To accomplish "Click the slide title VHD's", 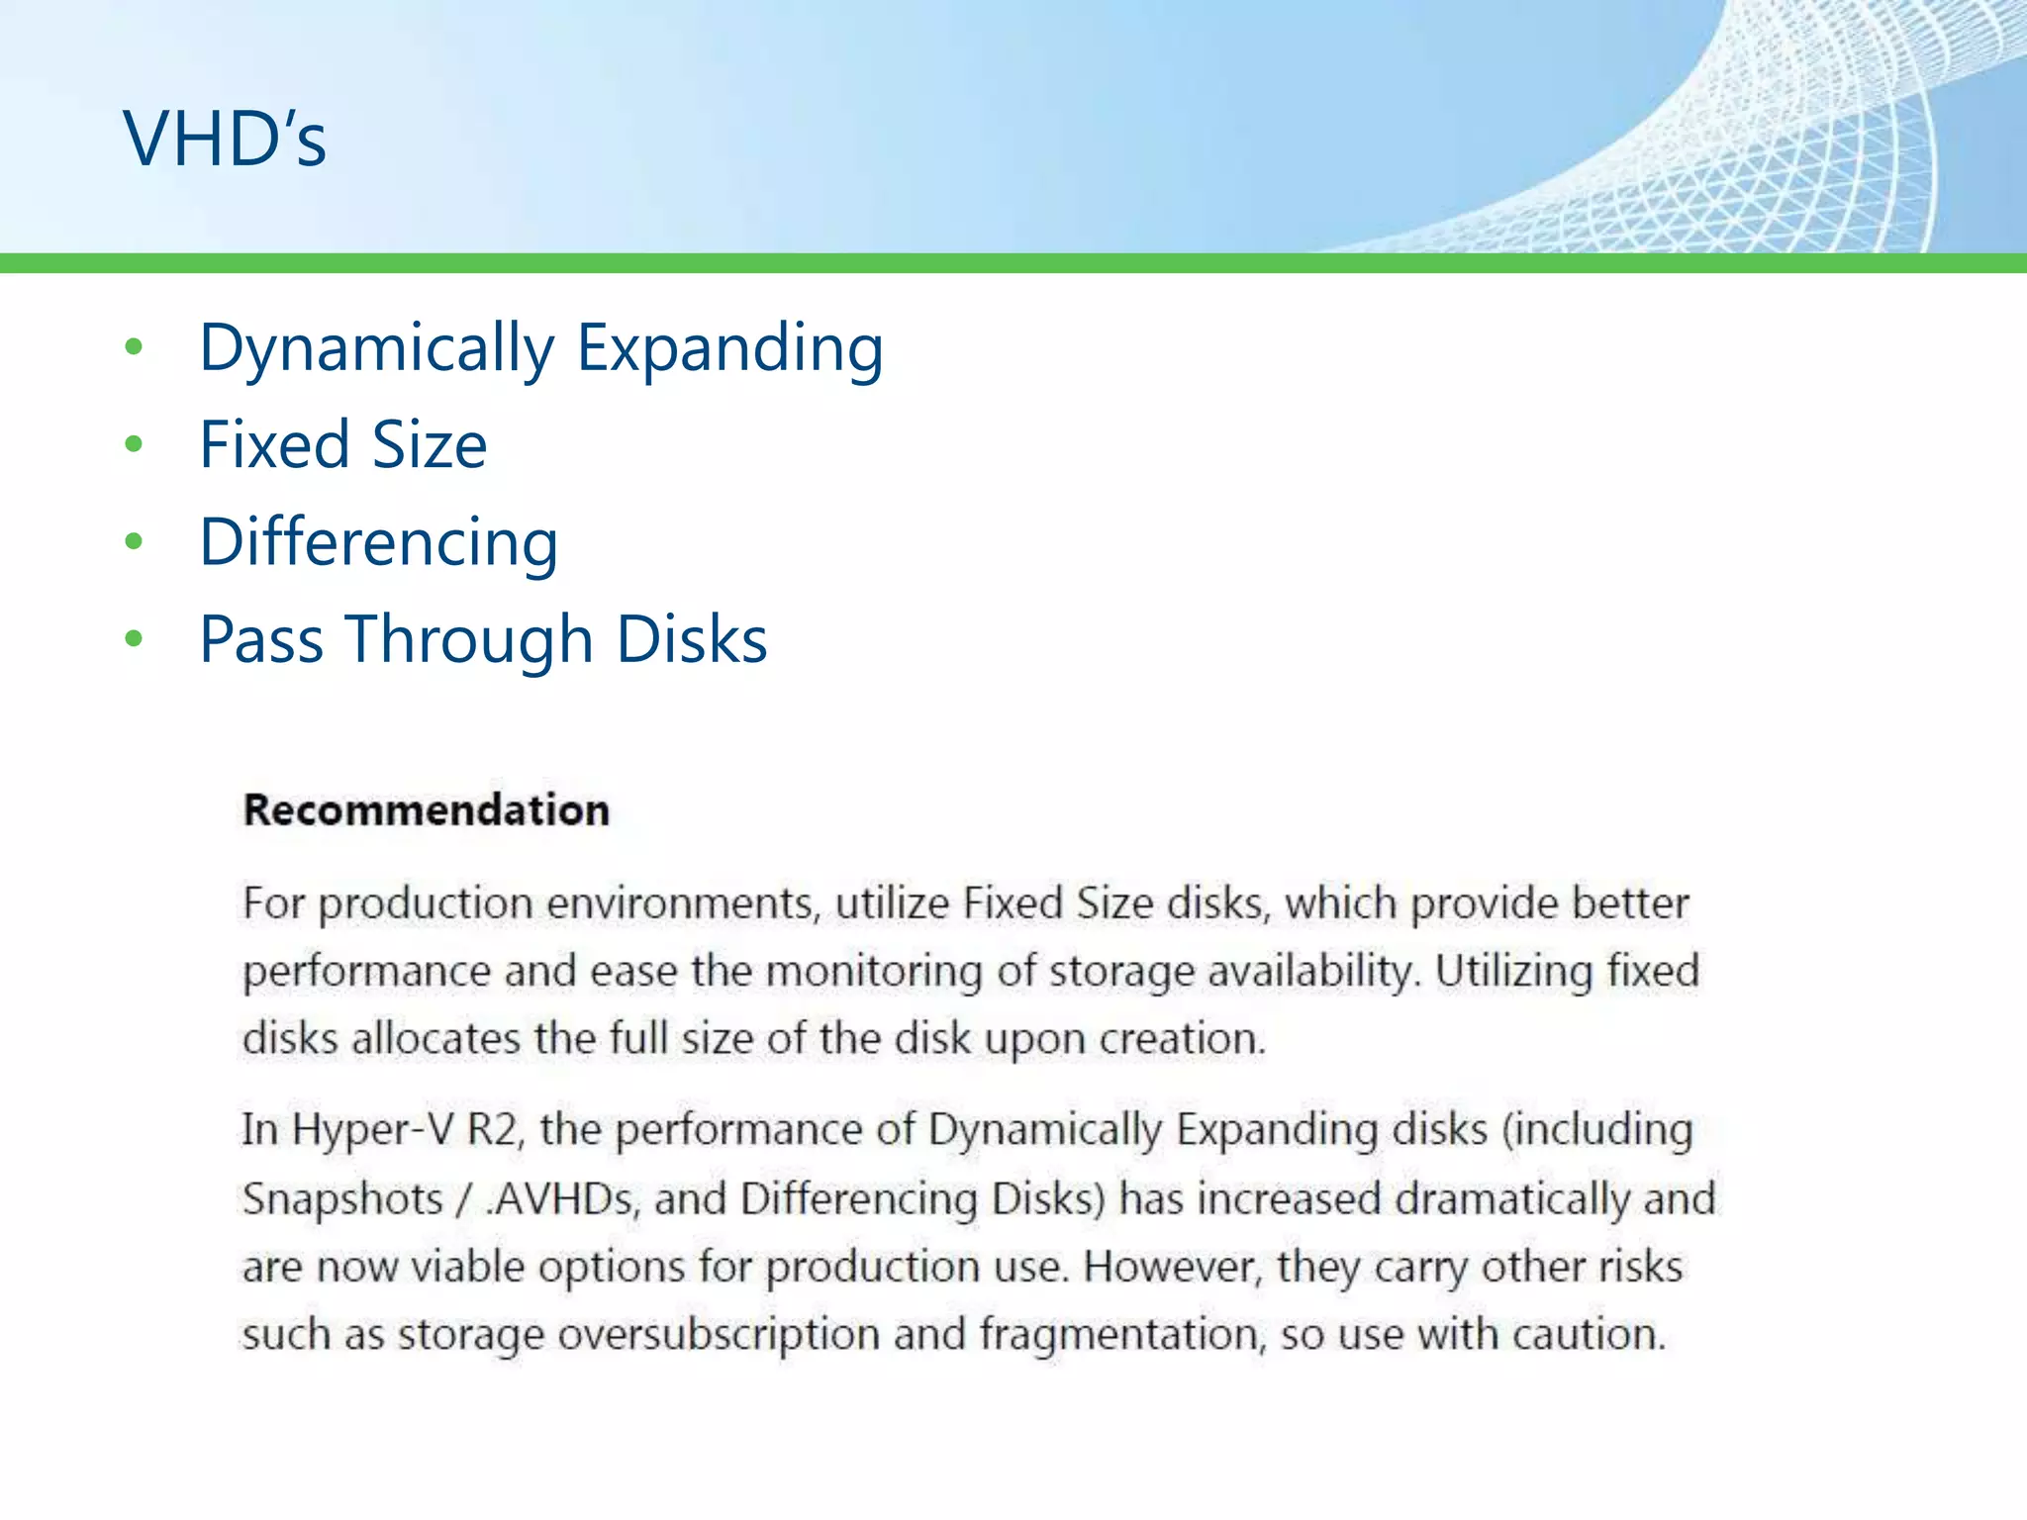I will [225, 139].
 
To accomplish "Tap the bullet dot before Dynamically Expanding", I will [135, 347].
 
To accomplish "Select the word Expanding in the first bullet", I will [729, 348].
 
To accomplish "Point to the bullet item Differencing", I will [379, 542].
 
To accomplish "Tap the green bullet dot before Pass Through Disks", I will [135, 639].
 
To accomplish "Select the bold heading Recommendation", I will [427, 810].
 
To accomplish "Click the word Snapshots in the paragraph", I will [342, 1199].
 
